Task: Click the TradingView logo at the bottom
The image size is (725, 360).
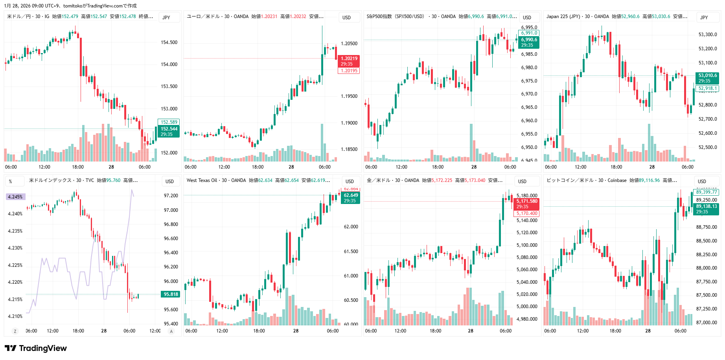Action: point(36,348)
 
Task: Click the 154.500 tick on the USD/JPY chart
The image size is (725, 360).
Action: point(169,42)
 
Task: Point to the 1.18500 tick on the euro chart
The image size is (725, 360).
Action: point(349,149)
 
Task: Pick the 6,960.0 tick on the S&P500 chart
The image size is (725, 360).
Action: point(529,121)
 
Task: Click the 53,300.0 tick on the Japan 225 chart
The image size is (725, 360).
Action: point(708,35)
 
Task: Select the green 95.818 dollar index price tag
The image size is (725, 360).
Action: point(171,294)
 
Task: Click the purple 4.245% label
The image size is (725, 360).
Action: point(15,197)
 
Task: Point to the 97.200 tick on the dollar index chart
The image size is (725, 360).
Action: point(171,196)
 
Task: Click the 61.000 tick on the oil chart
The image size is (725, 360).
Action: point(351,276)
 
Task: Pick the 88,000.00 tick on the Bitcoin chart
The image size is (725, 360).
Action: point(707,268)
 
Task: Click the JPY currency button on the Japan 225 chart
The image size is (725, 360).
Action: point(704,17)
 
